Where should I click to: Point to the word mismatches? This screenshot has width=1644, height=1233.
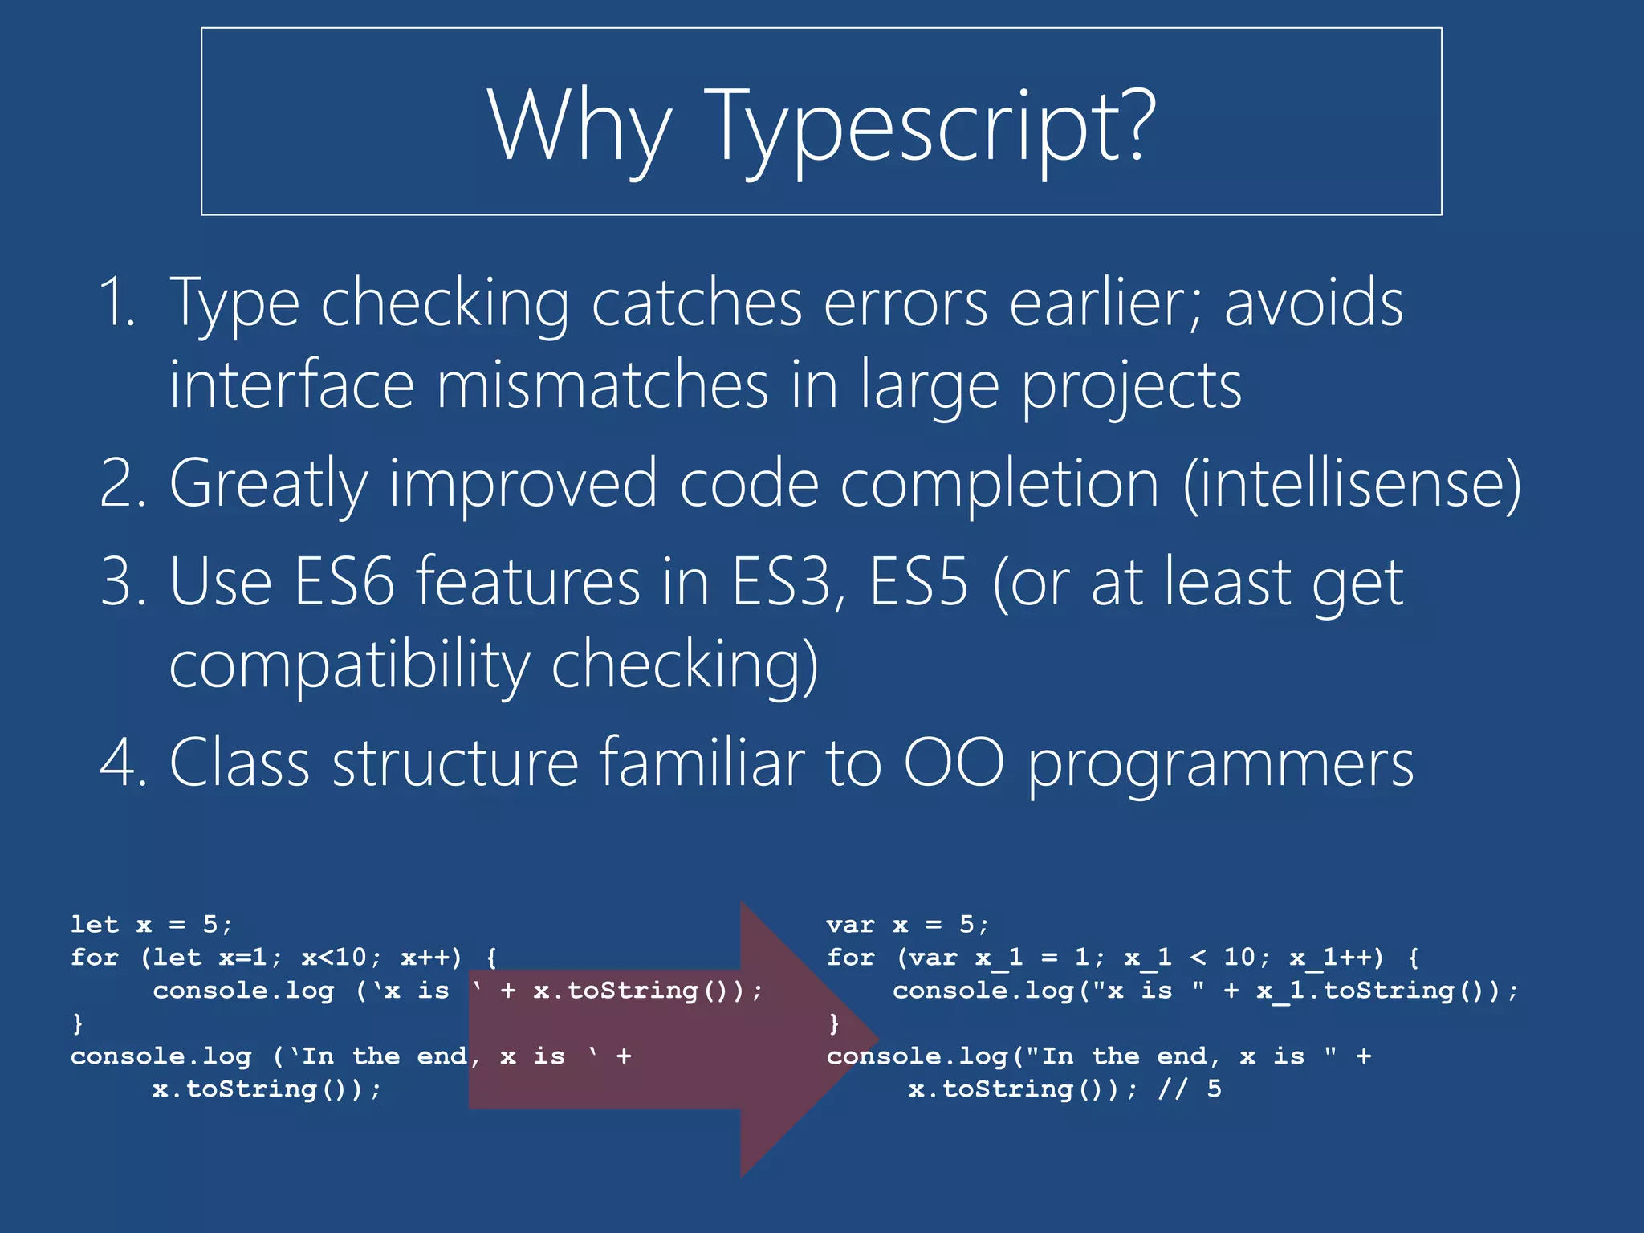pos(602,385)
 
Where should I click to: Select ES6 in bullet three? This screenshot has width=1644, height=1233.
pos(344,581)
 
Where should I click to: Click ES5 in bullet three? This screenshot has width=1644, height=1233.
pos(918,581)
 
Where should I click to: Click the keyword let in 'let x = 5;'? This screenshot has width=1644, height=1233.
pos(95,925)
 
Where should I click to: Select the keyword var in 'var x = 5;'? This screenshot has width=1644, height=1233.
pos(850,925)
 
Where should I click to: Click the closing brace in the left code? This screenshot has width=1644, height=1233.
pos(78,1023)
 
